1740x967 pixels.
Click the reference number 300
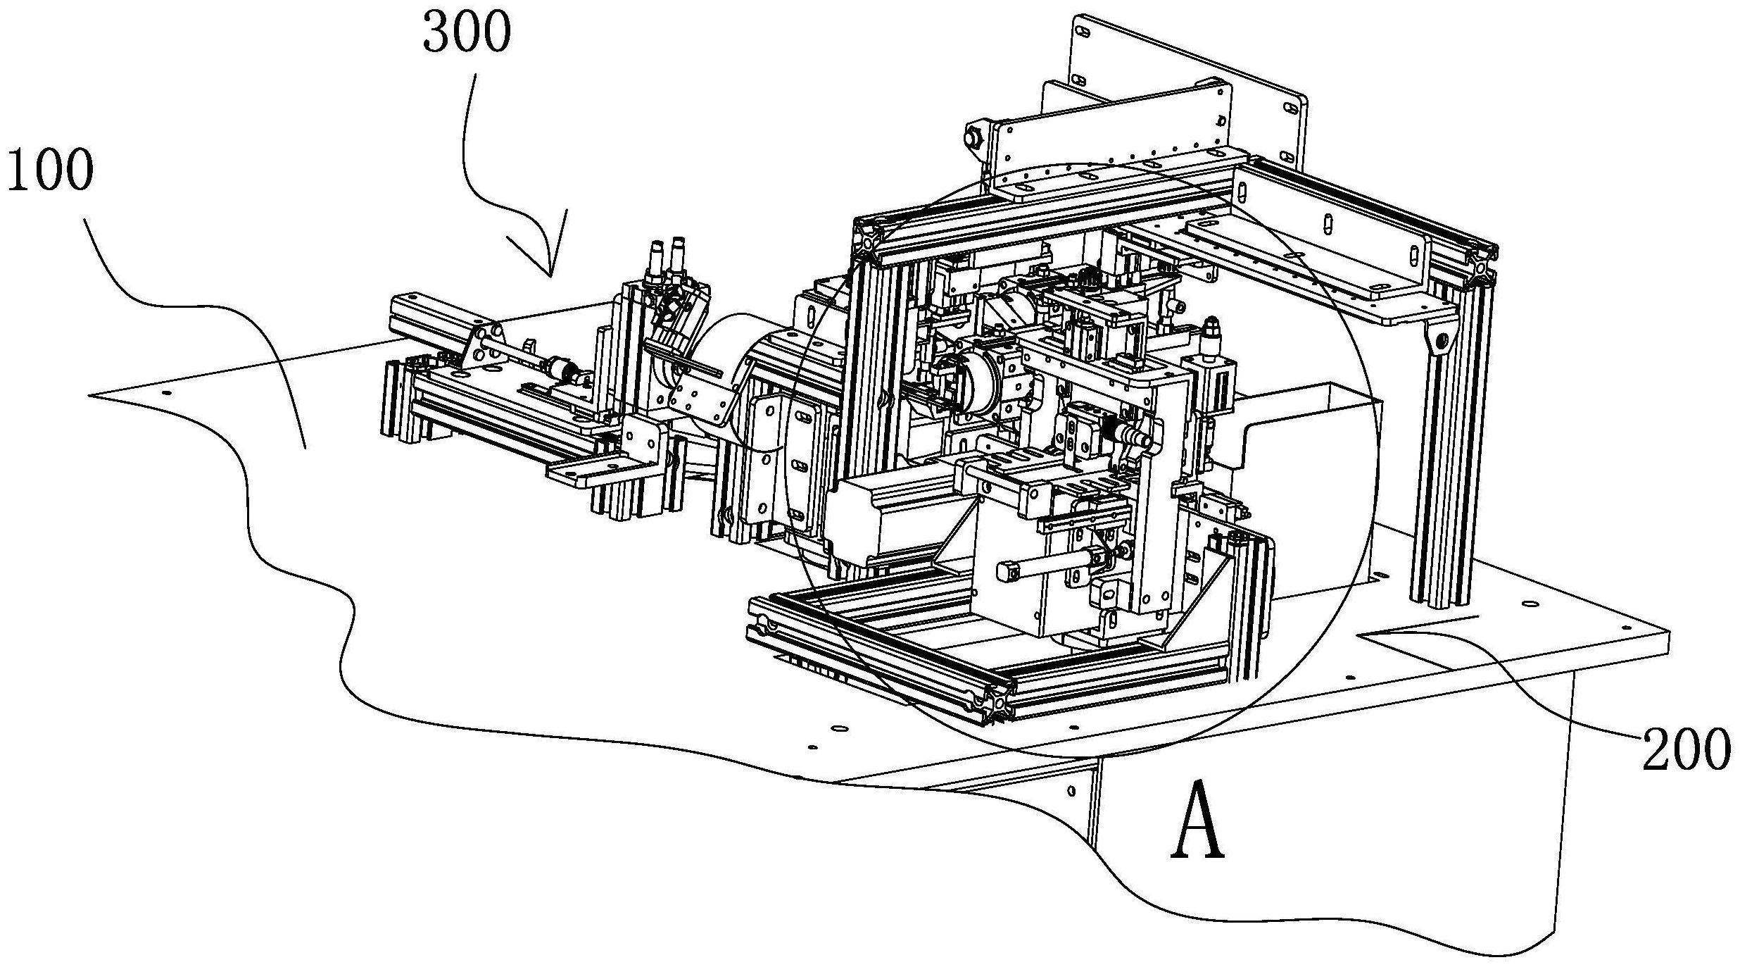[x=467, y=33]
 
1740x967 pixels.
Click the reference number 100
[x=50, y=170]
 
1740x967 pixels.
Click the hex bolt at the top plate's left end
[x=976, y=138]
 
